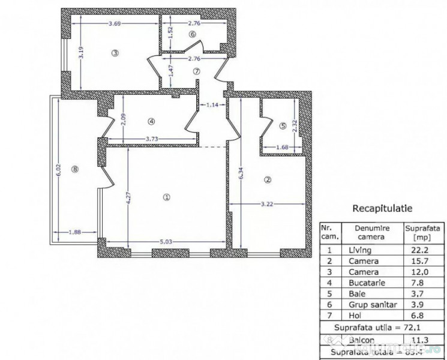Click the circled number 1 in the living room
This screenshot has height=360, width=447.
pos(167,196)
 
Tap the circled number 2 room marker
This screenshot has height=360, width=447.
pos(268,179)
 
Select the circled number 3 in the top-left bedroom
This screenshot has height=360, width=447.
pos(115,53)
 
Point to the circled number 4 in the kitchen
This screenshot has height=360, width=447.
pos(151,121)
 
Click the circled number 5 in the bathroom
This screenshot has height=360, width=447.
pos(283,126)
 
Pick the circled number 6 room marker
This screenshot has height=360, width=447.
pos(192,34)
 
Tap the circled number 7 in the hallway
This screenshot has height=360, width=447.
pos(197,71)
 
